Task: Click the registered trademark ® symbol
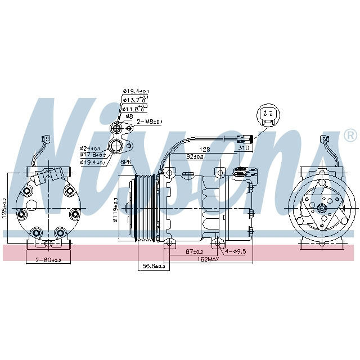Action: click(349, 135)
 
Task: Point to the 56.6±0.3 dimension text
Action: click(154, 266)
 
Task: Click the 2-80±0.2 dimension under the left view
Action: click(48, 260)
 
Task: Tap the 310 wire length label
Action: click(243, 148)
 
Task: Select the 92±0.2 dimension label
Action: click(195, 157)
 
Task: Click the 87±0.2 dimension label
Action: click(193, 251)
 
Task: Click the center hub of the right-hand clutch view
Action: click(323, 209)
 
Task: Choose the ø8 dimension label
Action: click(129, 116)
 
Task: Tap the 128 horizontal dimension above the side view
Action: click(204, 149)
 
